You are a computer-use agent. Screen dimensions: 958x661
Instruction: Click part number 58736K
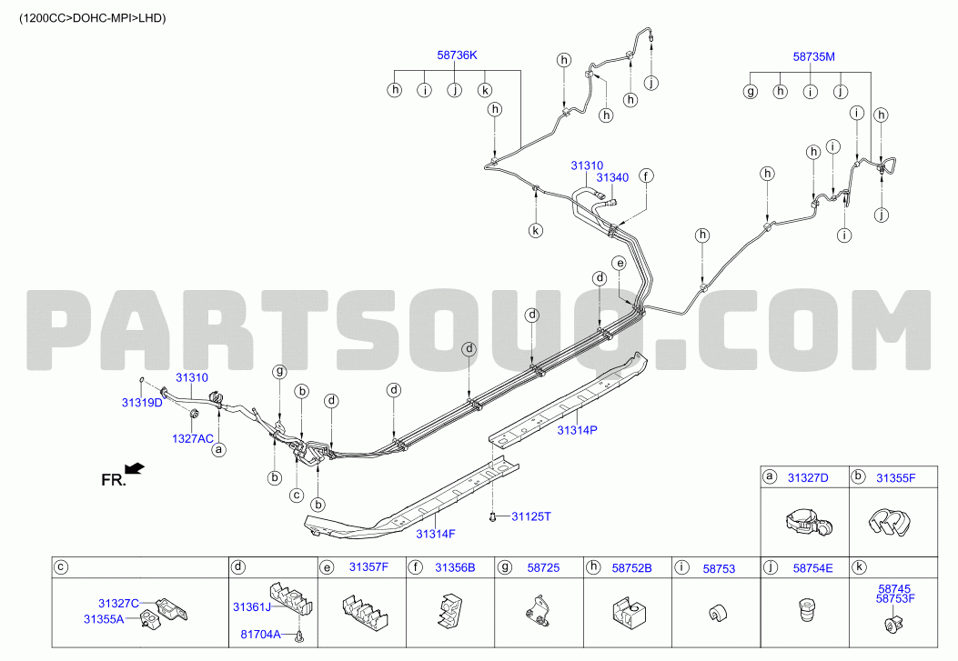click(457, 55)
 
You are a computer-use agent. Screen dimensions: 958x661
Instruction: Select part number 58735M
click(814, 56)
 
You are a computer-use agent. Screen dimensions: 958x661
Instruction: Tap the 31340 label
click(612, 177)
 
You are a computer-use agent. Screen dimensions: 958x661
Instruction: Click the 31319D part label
click(142, 402)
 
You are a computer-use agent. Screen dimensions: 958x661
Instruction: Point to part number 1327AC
click(193, 438)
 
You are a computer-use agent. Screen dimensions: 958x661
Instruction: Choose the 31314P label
click(577, 430)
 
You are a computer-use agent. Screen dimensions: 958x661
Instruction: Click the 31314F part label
click(436, 534)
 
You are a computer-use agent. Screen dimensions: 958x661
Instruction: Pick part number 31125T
click(531, 517)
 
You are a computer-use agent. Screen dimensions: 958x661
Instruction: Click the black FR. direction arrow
click(135, 469)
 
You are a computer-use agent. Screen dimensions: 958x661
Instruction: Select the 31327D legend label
click(808, 478)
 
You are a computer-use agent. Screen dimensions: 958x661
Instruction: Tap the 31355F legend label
click(896, 478)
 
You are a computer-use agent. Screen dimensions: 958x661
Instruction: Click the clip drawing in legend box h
click(629, 612)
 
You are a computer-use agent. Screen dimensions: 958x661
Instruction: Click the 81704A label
click(260, 634)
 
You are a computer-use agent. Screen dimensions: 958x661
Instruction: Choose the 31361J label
click(252, 607)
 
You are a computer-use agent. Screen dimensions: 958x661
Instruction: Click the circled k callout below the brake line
click(536, 231)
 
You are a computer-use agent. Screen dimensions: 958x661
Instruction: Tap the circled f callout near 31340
click(647, 176)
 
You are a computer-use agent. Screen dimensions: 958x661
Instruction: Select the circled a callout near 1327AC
click(218, 450)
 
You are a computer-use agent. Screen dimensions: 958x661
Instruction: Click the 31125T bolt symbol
click(492, 517)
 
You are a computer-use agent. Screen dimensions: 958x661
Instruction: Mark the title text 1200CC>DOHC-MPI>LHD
click(92, 18)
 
